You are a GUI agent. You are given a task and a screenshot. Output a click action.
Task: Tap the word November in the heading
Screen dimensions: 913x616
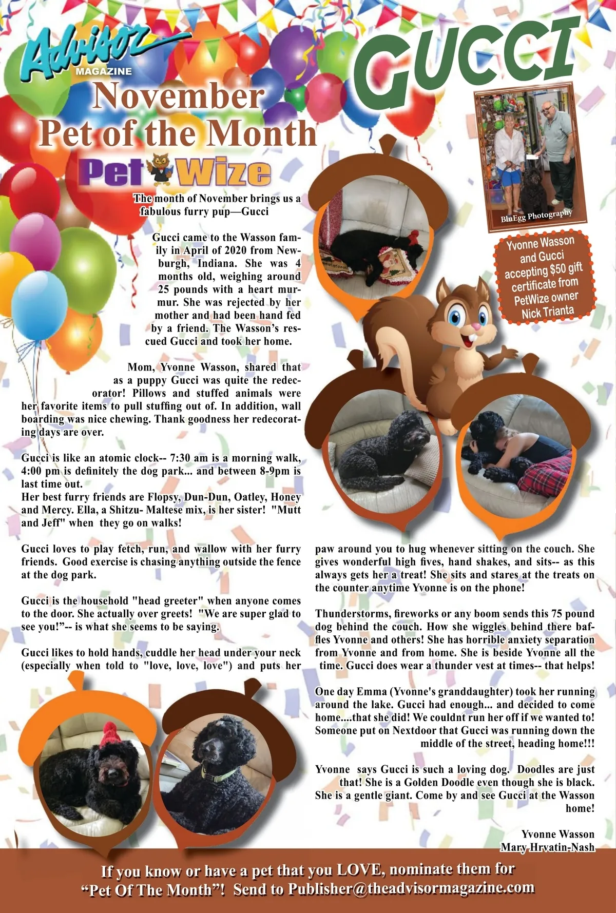tap(178, 96)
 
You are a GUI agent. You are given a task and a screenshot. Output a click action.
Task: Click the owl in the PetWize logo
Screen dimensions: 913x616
tap(160, 171)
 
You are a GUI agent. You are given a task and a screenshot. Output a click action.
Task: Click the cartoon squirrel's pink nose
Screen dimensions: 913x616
tap(476, 326)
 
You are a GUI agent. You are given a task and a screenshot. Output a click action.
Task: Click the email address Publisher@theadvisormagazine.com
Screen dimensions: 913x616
tap(411, 888)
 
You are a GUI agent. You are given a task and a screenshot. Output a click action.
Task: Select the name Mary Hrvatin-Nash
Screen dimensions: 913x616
tap(547, 847)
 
